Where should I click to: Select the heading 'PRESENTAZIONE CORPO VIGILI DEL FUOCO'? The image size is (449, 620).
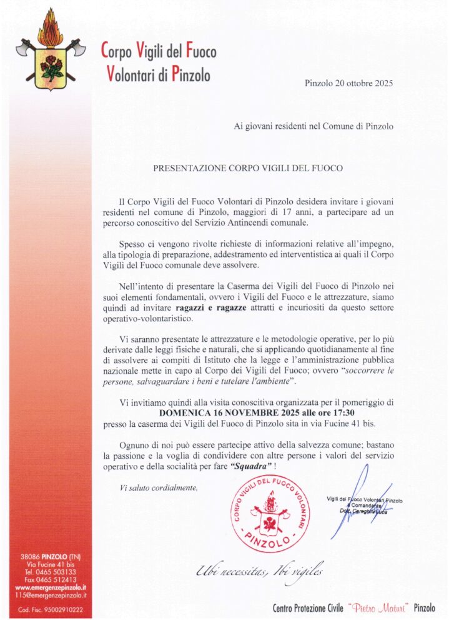(248, 168)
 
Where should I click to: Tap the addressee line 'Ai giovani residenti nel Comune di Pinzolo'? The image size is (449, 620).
(313, 126)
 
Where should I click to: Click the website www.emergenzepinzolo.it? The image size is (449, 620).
(51, 587)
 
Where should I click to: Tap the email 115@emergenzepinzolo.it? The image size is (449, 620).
(51, 596)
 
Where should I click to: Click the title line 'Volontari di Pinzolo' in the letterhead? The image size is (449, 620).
(159, 76)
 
